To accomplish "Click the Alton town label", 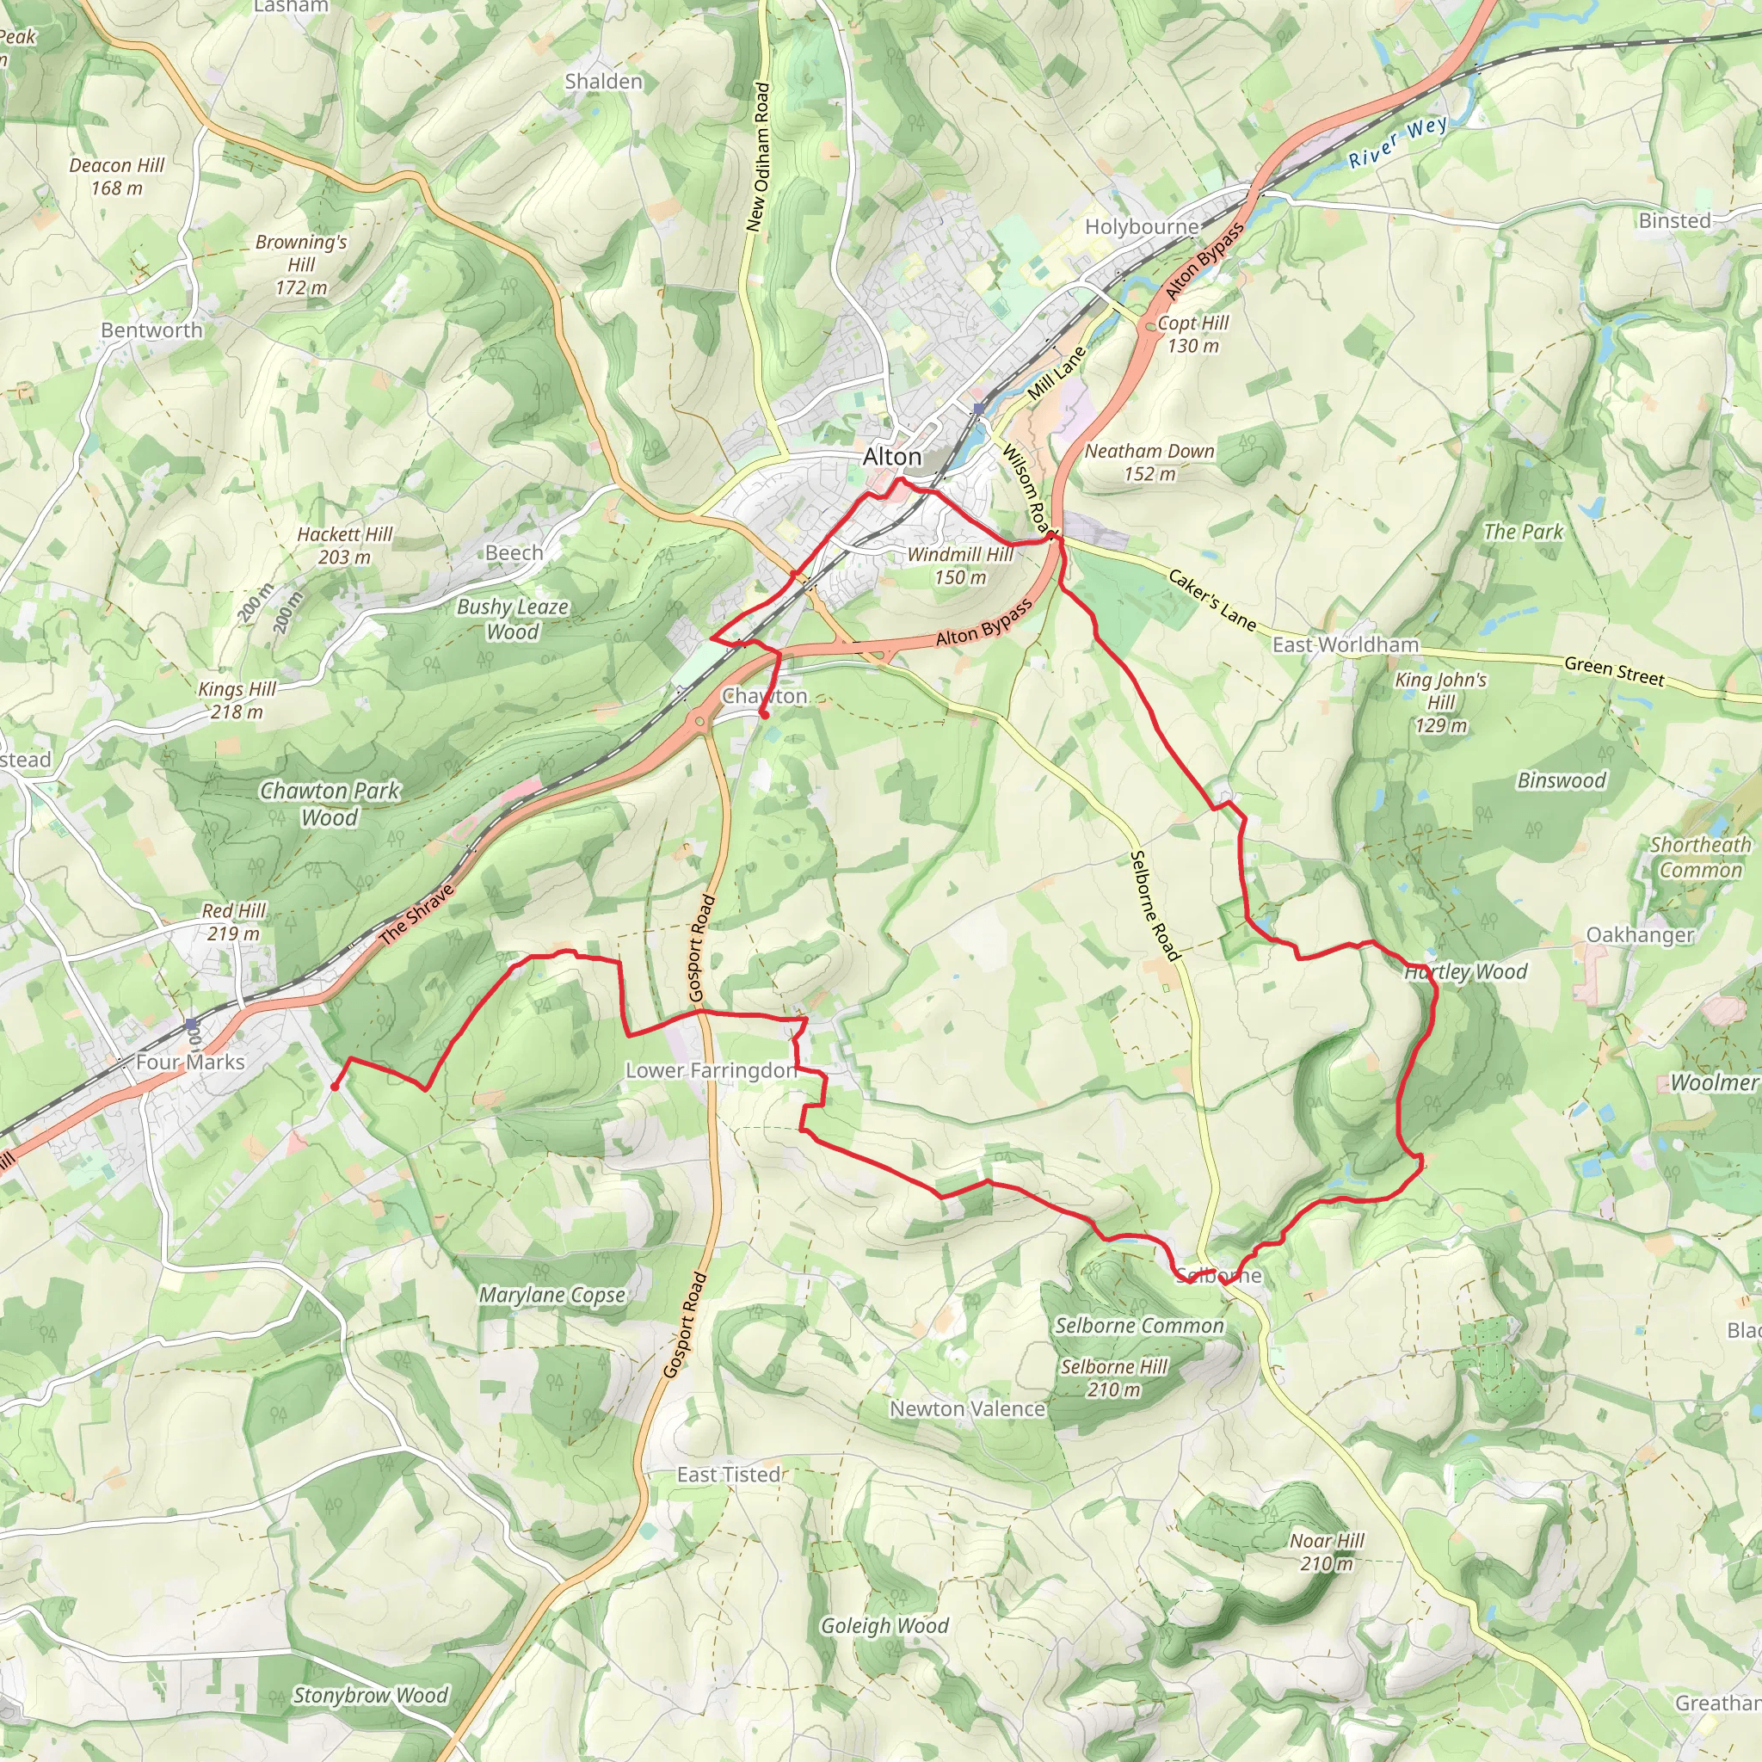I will click(x=891, y=456).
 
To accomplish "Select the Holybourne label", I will click(x=1141, y=226).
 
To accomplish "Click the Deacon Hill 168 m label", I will click(x=117, y=176).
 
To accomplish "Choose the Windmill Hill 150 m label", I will click(x=959, y=565).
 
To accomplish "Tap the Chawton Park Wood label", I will click(x=330, y=804).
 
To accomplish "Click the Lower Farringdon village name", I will click(x=711, y=1069).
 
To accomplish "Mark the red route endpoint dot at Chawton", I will click(x=764, y=716).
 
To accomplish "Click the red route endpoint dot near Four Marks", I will click(x=335, y=1087).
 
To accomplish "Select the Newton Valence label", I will click(x=967, y=1408).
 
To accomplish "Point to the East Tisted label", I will click(x=728, y=1475).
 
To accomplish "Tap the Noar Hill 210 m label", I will click(x=1326, y=1551).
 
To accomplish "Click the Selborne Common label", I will click(x=1139, y=1325).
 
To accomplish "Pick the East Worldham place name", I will click(x=1346, y=644).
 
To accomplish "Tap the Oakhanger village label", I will click(x=1640, y=935).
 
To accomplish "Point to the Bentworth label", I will click(x=151, y=330).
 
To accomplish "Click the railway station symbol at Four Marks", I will click(x=189, y=1024).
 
